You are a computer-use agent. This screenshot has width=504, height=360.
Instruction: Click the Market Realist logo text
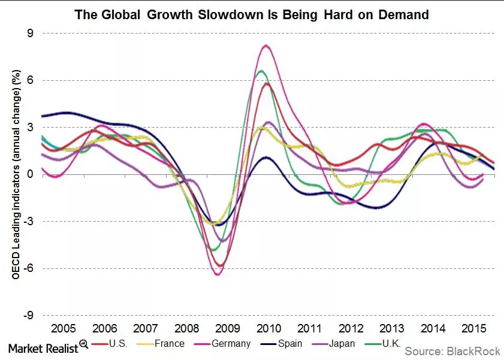point(43,347)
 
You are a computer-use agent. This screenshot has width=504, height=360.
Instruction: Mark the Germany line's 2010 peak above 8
point(265,46)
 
